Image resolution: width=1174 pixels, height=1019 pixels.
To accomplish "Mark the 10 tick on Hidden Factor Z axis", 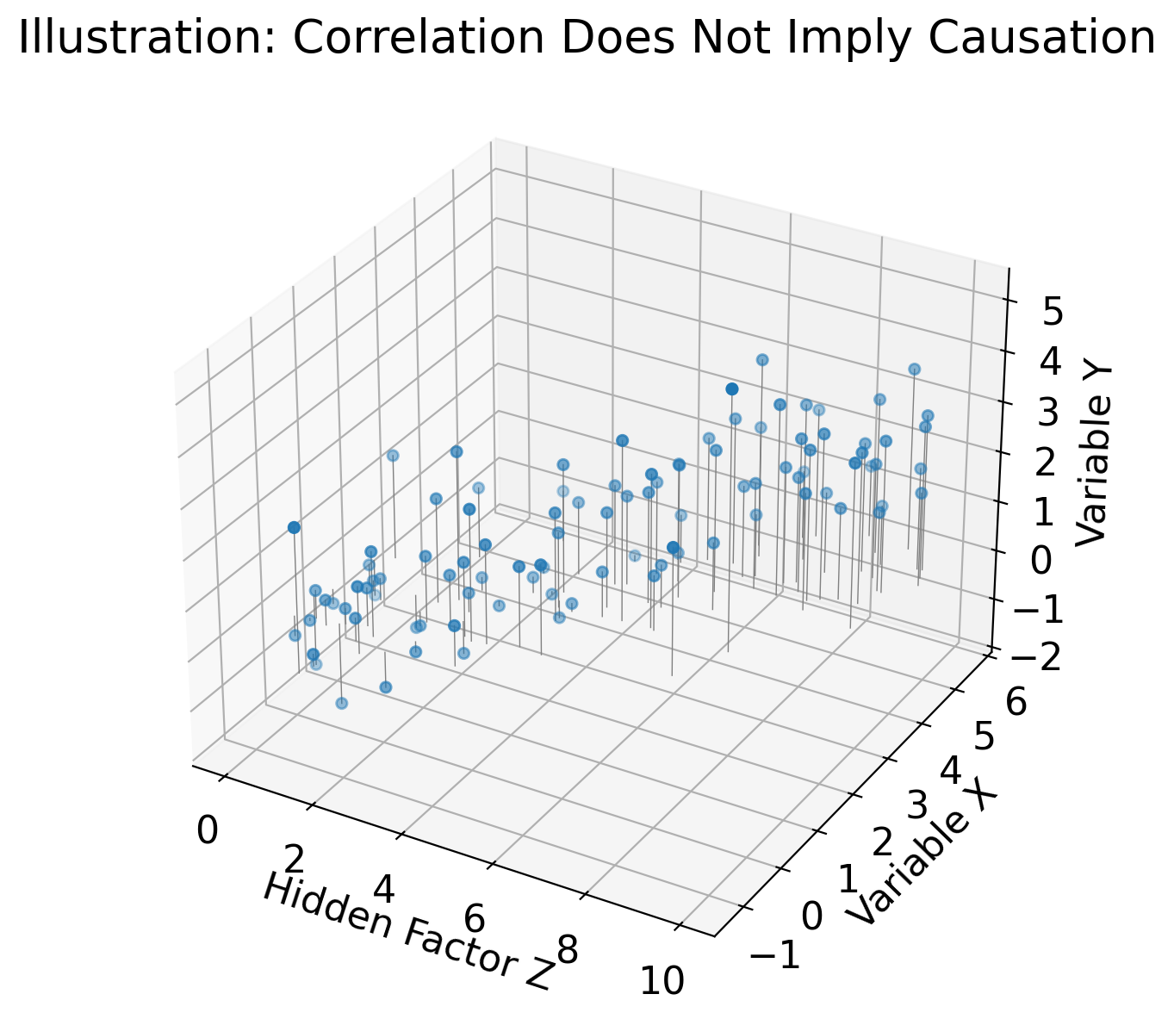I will pos(662,981).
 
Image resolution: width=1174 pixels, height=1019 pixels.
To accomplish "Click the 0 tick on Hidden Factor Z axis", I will pos(207,832).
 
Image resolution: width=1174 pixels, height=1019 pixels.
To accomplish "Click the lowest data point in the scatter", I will pos(341,703).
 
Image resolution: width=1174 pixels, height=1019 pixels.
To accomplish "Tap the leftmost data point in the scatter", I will pos(294,527).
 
